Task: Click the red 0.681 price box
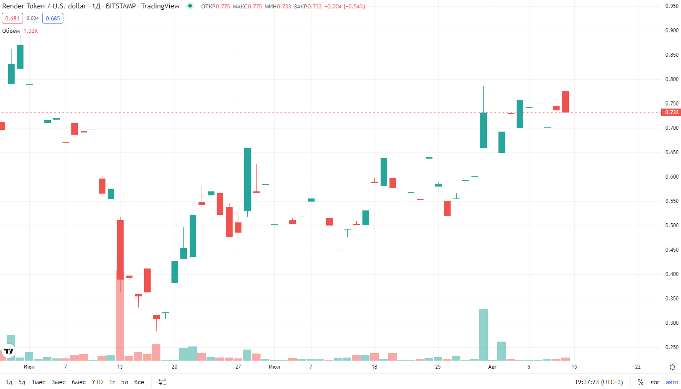coord(12,18)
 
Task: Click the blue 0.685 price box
coord(53,18)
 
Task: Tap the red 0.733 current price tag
coord(671,113)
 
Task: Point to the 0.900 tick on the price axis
coord(672,31)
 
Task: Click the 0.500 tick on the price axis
coord(672,226)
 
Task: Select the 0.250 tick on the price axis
coord(672,347)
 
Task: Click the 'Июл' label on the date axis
coord(274,367)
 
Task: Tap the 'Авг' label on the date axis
coord(492,367)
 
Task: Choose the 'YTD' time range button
coord(97,382)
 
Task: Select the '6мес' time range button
coord(78,382)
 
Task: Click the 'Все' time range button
coord(139,382)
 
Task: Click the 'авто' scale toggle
coord(672,382)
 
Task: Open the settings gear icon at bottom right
coord(672,367)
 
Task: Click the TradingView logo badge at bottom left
coord(9,351)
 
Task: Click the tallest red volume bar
coord(120,315)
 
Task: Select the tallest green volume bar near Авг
coord(483,335)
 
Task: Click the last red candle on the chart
coord(565,102)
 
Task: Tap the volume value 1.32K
coord(31,31)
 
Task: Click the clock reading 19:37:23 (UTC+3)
coord(599,382)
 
